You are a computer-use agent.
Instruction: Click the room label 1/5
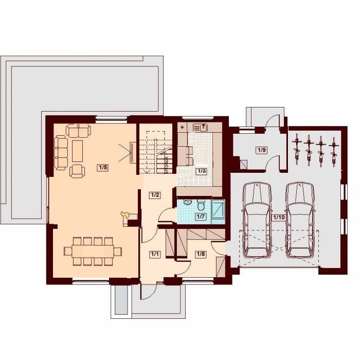(103, 168)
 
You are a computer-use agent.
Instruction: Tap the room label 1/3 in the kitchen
(202, 171)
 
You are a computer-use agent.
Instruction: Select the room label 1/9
(261, 150)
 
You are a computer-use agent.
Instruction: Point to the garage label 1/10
(279, 218)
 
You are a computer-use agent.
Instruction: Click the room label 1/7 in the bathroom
(200, 217)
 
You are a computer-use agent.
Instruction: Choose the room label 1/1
(154, 254)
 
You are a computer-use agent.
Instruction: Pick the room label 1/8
(201, 254)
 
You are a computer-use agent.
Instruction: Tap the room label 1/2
(154, 195)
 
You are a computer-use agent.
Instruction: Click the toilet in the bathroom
(202, 205)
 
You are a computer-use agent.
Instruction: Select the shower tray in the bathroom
(218, 209)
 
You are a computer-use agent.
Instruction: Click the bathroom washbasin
(188, 202)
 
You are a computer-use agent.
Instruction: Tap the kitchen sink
(200, 128)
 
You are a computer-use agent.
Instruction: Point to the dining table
(93, 251)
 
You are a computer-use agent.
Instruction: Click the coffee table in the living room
(77, 151)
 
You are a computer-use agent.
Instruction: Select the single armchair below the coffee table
(77, 171)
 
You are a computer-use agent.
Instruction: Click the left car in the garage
(257, 220)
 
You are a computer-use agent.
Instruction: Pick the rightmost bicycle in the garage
(334, 152)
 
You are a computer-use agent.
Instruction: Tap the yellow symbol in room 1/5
(125, 214)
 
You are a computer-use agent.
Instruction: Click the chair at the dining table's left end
(68, 251)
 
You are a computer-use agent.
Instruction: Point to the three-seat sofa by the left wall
(61, 153)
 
